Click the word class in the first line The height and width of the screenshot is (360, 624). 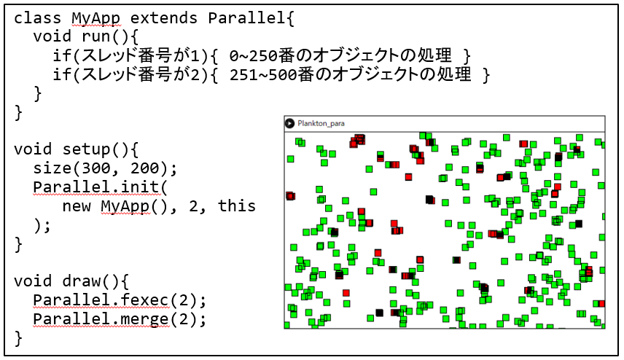[37, 18]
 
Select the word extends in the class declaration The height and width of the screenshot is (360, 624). [163, 18]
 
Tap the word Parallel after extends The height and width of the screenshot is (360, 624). [246, 18]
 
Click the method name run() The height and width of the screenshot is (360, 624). [106, 36]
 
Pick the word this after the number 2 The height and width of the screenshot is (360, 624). [236, 206]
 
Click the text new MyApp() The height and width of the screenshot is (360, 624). [115, 206]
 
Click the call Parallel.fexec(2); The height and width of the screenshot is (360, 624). [120, 300]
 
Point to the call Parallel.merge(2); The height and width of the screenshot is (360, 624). [120, 319]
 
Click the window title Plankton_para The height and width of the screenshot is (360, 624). [321, 123]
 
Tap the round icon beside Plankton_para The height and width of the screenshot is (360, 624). [289, 123]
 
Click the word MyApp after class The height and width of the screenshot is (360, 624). [95, 18]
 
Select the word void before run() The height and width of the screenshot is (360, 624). [52, 36]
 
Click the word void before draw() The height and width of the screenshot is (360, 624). [33, 281]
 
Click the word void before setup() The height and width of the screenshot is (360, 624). [33, 149]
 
